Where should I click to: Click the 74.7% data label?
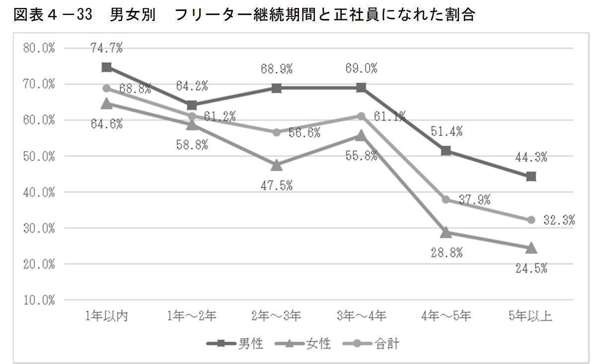click(x=106, y=48)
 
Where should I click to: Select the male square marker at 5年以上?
click(x=531, y=177)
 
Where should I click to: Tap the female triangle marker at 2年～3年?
click(x=277, y=165)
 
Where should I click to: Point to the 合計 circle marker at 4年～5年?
click(x=446, y=199)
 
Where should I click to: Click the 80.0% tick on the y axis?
click(x=39, y=49)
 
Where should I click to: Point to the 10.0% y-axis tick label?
click(x=39, y=300)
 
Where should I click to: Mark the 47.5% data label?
click(x=277, y=186)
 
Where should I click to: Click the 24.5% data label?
click(x=531, y=269)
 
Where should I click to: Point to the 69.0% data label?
click(x=361, y=69)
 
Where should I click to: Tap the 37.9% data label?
click(x=474, y=200)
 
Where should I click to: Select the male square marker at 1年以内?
click(x=106, y=67)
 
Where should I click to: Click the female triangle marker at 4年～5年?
click(x=446, y=233)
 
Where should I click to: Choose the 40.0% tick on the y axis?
click(x=39, y=192)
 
